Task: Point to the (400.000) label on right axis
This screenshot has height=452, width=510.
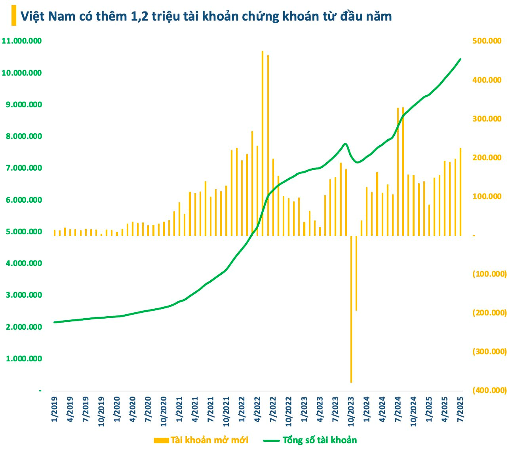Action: (x=489, y=390)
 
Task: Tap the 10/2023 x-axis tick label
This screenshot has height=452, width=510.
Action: (x=351, y=414)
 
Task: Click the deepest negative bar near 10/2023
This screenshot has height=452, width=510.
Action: (x=351, y=309)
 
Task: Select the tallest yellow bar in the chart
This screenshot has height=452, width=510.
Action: (x=262, y=142)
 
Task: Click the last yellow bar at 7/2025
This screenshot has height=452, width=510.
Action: (x=461, y=192)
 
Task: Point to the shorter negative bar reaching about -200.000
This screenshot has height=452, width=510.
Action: (x=356, y=273)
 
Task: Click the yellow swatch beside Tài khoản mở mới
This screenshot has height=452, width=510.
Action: (x=161, y=440)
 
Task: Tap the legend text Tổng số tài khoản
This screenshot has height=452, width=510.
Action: (x=319, y=440)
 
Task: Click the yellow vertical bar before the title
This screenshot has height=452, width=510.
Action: (x=14, y=15)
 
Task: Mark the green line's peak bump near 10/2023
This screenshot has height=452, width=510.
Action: (x=345, y=144)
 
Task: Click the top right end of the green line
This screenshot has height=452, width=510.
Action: (x=460, y=59)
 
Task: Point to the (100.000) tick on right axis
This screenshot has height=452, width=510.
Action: (x=489, y=274)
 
